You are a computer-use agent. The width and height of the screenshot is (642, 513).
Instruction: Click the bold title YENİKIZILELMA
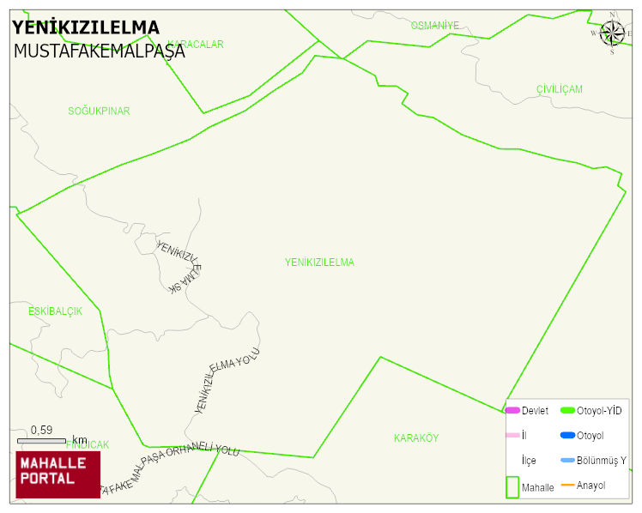pyautogui.click(x=86, y=27)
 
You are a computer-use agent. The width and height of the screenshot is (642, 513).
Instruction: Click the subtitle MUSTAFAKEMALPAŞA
pyautogui.click(x=99, y=51)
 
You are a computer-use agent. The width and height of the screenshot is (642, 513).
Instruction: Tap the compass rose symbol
pyautogui.click(x=612, y=33)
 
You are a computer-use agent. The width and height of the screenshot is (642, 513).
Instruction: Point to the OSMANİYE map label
pyautogui.click(x=434, y=26)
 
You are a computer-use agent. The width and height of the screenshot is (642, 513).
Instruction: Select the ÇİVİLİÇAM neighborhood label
pyautogui.click(x=559, y=89)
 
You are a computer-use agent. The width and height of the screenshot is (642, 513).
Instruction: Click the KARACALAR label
pyautogui.click(x=196, y=44)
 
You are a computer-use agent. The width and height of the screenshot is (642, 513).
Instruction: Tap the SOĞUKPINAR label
pyautogui.click(x=99, y=111)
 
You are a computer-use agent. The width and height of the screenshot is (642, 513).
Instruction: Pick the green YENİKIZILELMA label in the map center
pyautogui.click(x=319, y=262)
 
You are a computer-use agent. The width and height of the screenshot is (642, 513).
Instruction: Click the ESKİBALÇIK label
pyautogui.click(x=55, y=311)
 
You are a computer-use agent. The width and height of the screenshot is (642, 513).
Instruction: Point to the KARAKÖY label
pyautogui.click(x=416, y=438)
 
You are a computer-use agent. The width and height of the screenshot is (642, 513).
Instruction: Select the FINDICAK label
pyautogui.click(x=88, y=445)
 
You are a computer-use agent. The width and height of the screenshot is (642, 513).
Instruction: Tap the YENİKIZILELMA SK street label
pyautogui.click(x=179, y=267)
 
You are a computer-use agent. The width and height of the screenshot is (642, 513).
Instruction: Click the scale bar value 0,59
pyautogui.click(x=41, y=430)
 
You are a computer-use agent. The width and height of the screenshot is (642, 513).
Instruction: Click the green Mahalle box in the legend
pyautogui.click(x=512, y=486)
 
